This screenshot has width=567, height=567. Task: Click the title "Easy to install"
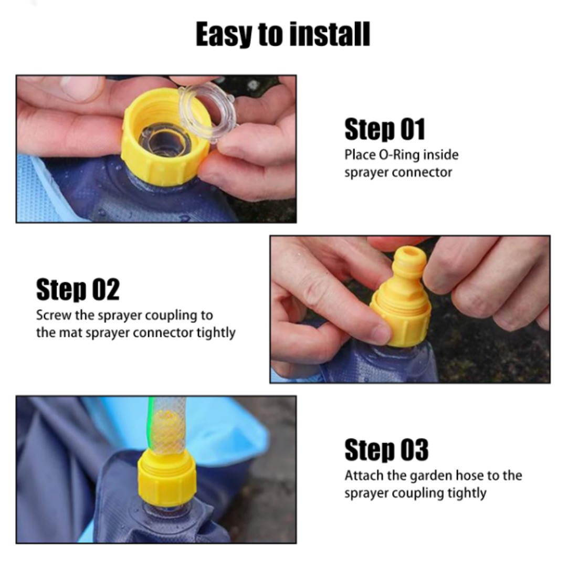[283, 34]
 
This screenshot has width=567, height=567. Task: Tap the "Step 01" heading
[385, 129]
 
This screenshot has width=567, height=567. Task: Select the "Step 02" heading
[78, 289]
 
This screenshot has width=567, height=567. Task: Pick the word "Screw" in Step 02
[54, 315]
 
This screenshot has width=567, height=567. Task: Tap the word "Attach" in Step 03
[364, 476]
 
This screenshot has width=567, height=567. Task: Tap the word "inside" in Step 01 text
[441, 155]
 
